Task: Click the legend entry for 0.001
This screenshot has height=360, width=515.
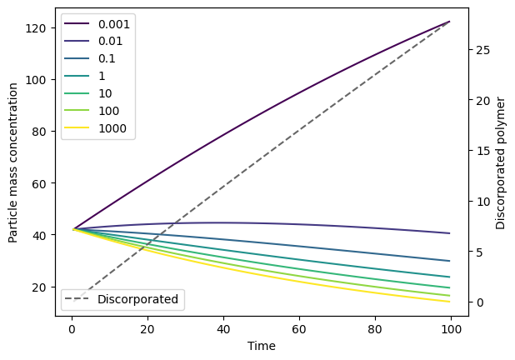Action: [97, 23]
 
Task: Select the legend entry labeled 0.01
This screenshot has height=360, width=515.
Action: [93, 41]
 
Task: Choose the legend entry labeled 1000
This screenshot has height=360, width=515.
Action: [95, 128]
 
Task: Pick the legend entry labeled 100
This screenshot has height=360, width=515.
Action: [92, 111]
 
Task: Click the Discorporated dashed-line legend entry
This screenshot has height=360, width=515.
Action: [122, 299]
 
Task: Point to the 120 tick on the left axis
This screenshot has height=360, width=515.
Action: [35, 28]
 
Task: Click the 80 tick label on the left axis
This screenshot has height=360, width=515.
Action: [39, 132]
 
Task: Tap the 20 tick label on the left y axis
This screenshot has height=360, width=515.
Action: [39, 287]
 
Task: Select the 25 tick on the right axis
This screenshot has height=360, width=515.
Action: [483, 50]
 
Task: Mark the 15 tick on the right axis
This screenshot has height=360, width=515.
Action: [483, 151]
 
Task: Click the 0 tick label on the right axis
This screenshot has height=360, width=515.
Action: [480, 302]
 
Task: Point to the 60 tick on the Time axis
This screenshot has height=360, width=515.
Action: [299, 329]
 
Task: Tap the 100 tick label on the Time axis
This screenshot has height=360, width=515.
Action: [451, 329]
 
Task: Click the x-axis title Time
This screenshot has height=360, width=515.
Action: [262, 346]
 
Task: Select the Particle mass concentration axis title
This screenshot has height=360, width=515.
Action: [12, 162]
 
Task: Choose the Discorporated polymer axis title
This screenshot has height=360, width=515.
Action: [500, 162]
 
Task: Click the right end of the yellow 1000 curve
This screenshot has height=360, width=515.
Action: [449, 302]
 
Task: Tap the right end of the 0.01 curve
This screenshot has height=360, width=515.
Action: [449, 233]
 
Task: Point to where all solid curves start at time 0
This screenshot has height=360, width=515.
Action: [73, 228]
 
